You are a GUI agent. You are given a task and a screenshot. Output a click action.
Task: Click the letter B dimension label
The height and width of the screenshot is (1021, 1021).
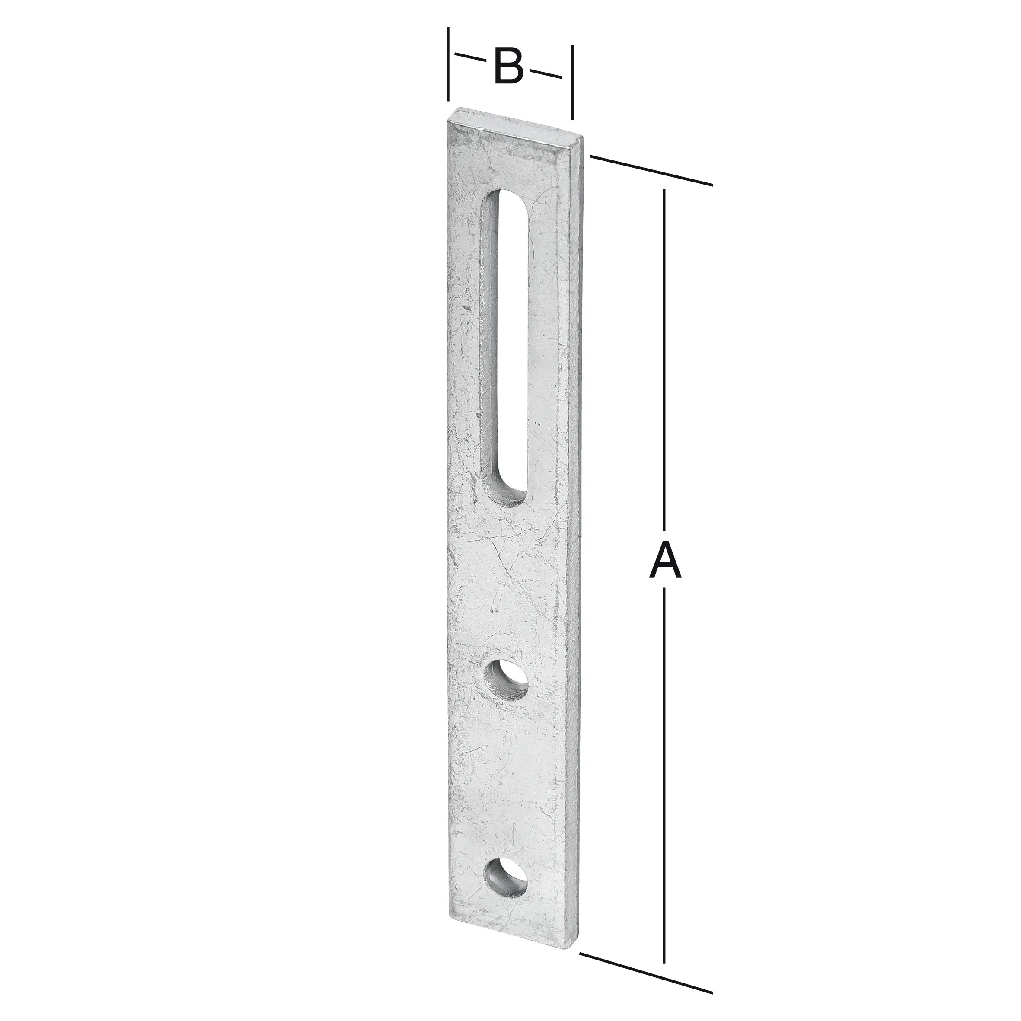[508, 67]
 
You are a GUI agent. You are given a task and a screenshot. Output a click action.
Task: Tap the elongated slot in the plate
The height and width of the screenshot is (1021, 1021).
[505, 344]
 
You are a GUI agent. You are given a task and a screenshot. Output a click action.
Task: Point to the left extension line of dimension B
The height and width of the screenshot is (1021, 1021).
[448, 64]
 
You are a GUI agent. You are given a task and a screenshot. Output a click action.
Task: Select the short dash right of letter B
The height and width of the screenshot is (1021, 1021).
[546, 73]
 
